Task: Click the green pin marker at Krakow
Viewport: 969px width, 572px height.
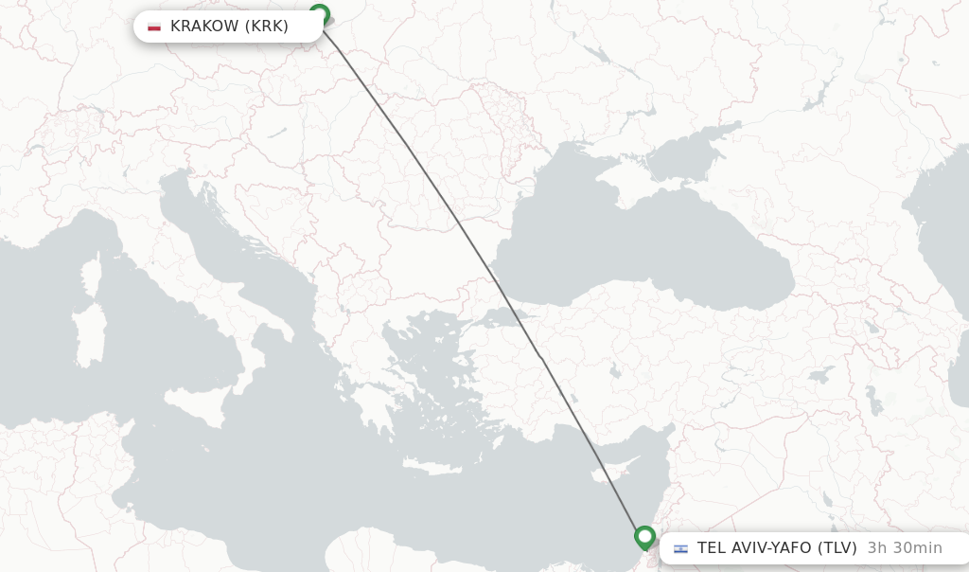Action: [320, 15]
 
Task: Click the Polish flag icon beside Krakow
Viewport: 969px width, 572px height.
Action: [154, 27]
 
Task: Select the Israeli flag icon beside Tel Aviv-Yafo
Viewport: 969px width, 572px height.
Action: [680, 548]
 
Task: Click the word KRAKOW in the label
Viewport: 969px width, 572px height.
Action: [204, 27]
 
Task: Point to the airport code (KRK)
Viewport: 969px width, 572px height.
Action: [267, 27]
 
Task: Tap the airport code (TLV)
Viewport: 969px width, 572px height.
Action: [837, 548]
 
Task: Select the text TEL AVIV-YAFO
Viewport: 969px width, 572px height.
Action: [754, 548]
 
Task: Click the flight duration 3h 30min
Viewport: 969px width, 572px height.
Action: [905, 548]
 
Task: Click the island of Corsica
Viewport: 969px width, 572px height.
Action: [92, 277]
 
